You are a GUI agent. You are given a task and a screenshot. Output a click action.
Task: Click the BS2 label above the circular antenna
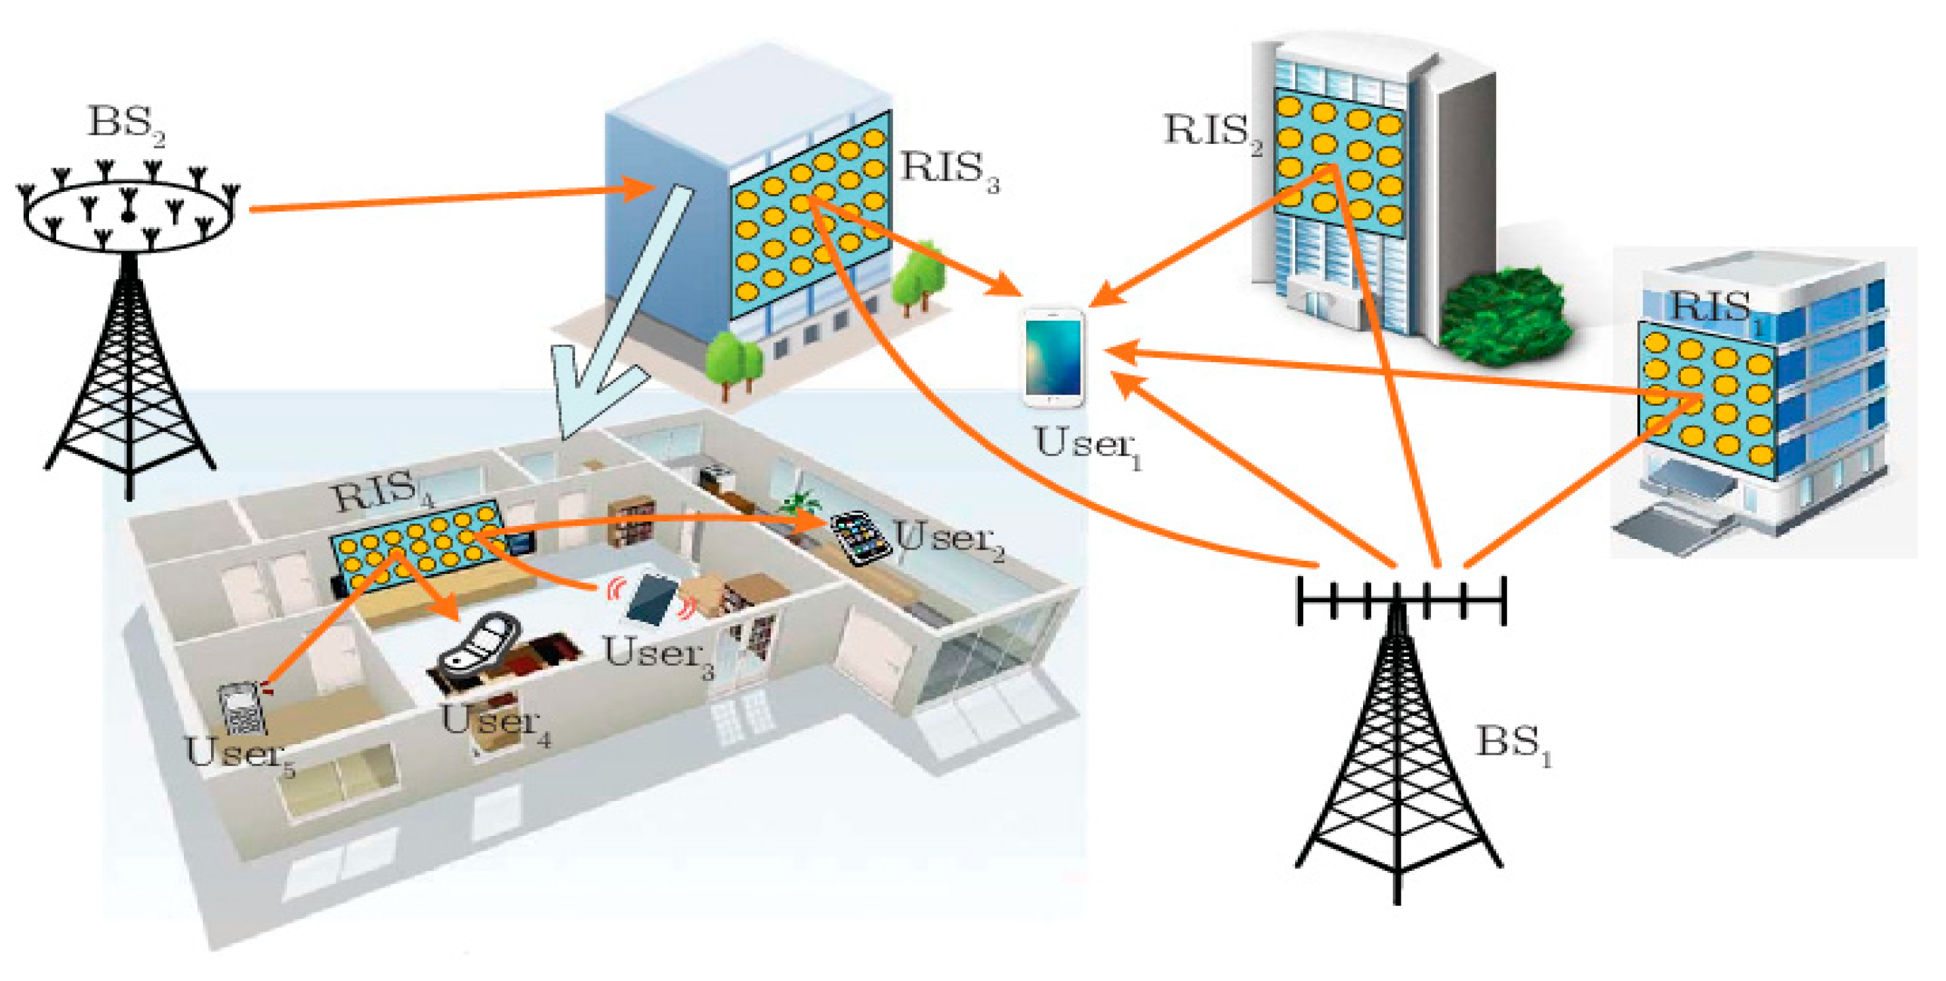(125, 123)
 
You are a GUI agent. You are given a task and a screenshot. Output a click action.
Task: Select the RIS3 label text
(949, 170)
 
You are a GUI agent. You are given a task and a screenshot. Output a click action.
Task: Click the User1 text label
(1088, 445)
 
